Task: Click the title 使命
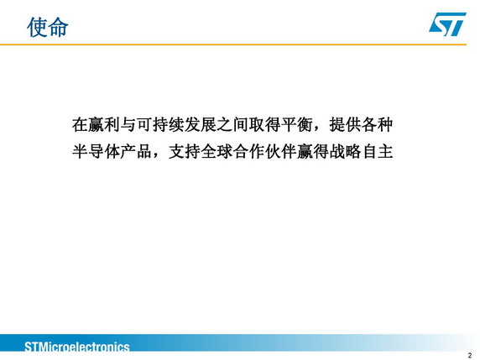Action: click(48, 27)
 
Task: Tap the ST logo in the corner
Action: click(447, 23)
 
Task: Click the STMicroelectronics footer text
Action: click(77, 347)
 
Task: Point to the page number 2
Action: click(470, 355)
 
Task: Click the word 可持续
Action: click(160, 124)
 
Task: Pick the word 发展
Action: click(201, 124)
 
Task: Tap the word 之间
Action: click(232, 124)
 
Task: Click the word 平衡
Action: click(297, 124)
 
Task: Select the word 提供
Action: click(345, 124)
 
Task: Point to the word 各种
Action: click(377, 124)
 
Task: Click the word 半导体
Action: click(97, 152)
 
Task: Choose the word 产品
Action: click(136, 152)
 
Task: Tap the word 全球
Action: click(217, 152)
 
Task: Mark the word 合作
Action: click(248, 152)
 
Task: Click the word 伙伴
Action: click(281, 152)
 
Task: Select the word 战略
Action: click(345, 152)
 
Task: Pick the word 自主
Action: click(377, 152)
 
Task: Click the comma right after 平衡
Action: click(317, 129)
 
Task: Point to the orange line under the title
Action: click(233, 44)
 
